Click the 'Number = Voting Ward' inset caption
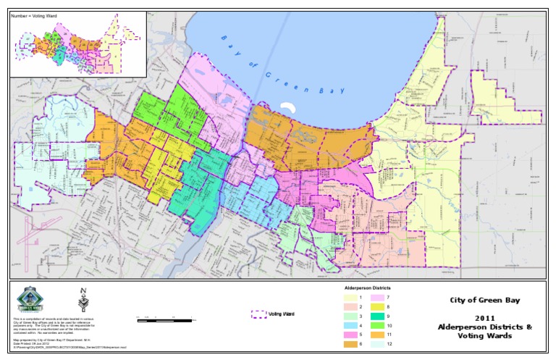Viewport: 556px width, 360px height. [x=35, y=14]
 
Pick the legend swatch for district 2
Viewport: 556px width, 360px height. [x=348, y=307]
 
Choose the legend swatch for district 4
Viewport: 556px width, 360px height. [x=348, y=325]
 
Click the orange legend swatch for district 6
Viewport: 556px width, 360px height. [x=348, y=343]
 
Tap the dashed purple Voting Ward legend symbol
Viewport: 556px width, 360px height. [x=259, y=315]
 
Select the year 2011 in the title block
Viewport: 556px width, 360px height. [x=484, y=318]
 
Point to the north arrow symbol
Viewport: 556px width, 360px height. [x=82, y=299]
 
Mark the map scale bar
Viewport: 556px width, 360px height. [x=166, y=319]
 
